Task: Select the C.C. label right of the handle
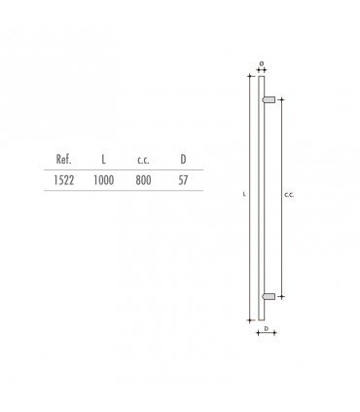[x=289, y=196]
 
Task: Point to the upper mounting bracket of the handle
[x=270, y=98]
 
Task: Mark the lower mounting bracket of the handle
[x=270, y=295]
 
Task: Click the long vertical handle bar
[x=261, y=195]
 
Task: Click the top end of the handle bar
[x=261, y=76]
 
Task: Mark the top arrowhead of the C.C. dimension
[x=281, y=99]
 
